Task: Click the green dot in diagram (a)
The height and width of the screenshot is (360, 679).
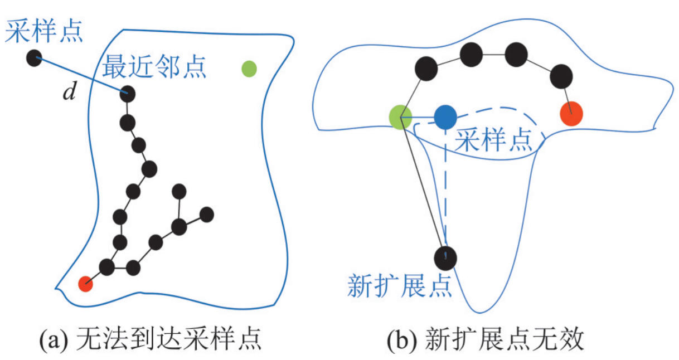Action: tap(249, 69)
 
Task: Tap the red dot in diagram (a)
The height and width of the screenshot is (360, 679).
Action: tap(85, 284)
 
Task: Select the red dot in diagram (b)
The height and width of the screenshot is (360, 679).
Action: tap(571, 114)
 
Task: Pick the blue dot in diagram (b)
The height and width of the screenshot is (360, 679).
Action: tap(445, 117)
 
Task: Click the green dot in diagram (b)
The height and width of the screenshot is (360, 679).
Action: tap(400, 118)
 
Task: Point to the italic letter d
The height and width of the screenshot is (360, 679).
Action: tap(69, 93)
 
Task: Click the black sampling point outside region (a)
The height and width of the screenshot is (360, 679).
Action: tap(34, 57)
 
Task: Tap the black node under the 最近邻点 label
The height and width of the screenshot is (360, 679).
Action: tap(128, 94)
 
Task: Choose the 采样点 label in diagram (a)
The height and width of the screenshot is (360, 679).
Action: tap(44, 33)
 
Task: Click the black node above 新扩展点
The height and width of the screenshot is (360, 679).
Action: tap(445, 257)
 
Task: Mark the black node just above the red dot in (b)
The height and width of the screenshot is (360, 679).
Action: tap(561, 76)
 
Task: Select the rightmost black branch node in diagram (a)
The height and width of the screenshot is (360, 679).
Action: tap(207, 214)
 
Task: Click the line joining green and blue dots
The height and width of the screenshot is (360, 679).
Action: tap(423, 118)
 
